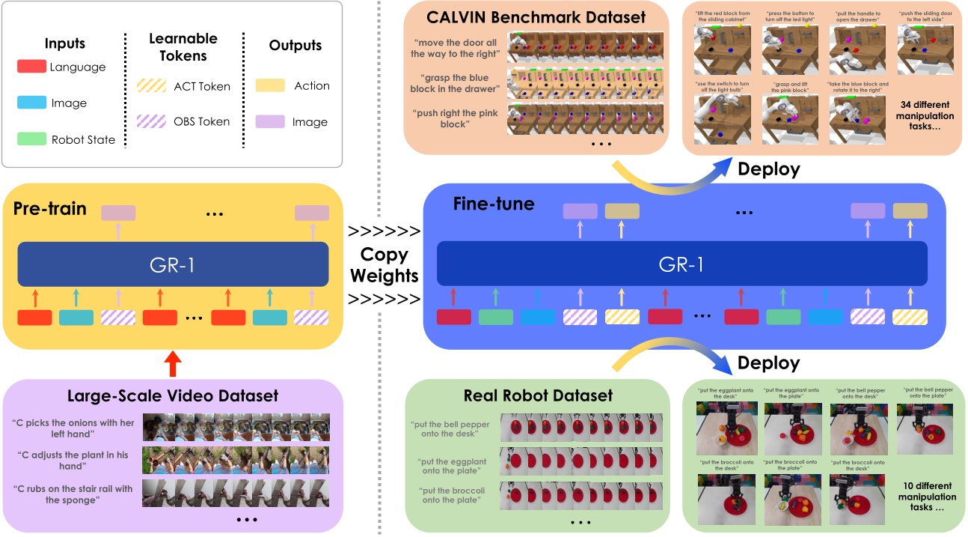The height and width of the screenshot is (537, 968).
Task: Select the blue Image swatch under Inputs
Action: [x=32, y=103]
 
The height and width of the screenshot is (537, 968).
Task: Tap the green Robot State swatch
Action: [x=32, y=139]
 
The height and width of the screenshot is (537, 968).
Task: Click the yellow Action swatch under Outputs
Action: [x=270, y=85]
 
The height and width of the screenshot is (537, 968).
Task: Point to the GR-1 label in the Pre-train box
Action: [x=173, y=263]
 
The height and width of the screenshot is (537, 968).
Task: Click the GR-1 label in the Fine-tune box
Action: [x=681, y=263]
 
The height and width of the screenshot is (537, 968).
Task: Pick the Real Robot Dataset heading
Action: [x=537, y=395]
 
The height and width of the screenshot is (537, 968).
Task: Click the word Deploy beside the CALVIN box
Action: [x=768, y=170]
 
